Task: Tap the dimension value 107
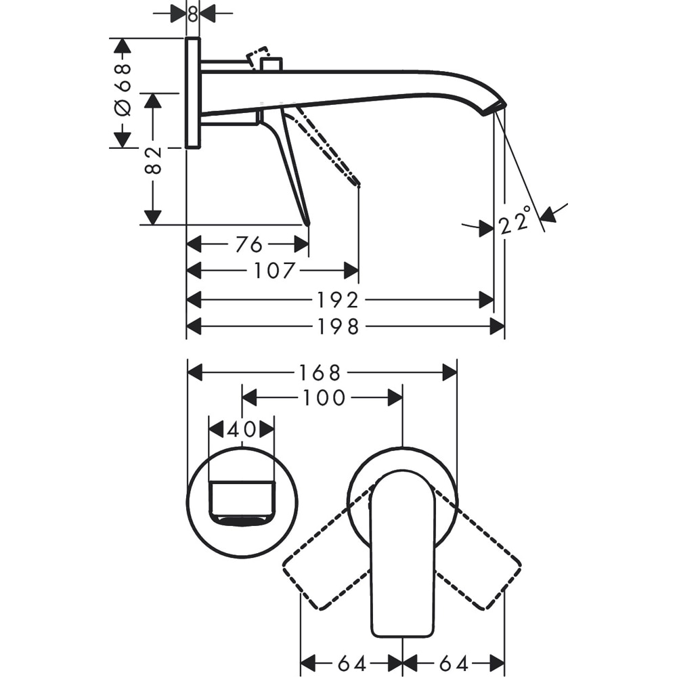tap(275, 271)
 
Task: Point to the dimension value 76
tap(248, 244)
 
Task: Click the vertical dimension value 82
tap(154, 160)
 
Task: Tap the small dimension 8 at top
tap(193, 14)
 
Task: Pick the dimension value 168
tap(321, 372)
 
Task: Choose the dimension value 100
tap(323, 398)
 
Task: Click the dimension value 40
tap(241, 429)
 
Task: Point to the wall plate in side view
tap(192, 93)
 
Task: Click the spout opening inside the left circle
tap(242, 520)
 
